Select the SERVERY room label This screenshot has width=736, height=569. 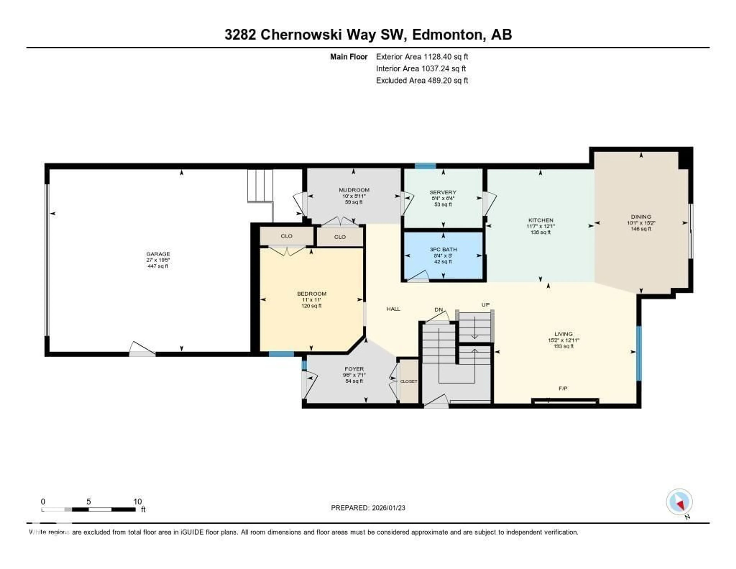pyautogui.click(x=443, y=192)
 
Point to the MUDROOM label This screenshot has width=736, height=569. pyautogui.click(x=354, y=190)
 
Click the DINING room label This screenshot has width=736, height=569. pyautogui.click(x=641, y=217)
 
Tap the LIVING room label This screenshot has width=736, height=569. pyautogui.click(x=563, y=334)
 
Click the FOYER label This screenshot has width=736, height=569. pyautogui.click(x=354, y=369)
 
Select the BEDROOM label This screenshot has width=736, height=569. pyautogui.click(x=311, y=294)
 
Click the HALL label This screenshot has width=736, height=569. pyautogui.click(x=393, y=309)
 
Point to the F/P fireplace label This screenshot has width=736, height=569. pyautogui.click(x=563, y=388)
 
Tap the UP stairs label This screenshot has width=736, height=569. pyautogui.click(x=485, y=305)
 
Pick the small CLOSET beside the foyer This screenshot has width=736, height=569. pyautogui.click(x=408, y=381)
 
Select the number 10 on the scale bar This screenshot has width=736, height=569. pyautogui.click(x=137, y=501)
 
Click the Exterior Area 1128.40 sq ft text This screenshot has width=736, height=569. pyautogui.click(x=422, y=57)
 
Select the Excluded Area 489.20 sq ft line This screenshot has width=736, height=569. pyautogui.click(x=422, y=80)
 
